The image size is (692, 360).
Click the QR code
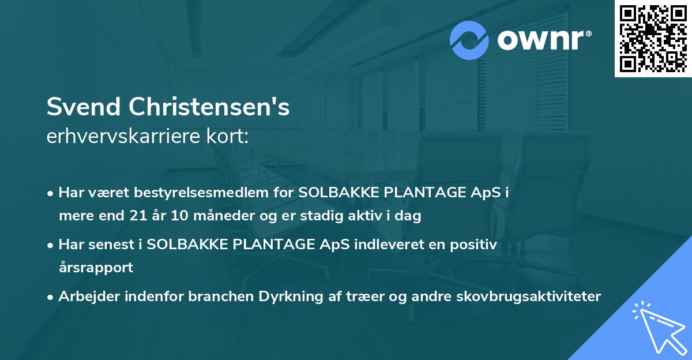tap(653, 39)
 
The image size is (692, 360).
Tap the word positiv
tap(470, 245)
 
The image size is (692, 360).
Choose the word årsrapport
tap(96, 268)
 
